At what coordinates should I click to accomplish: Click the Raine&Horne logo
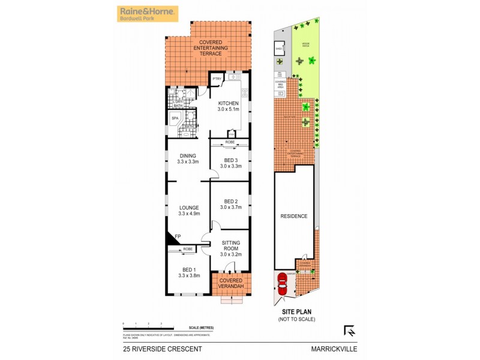[146, 14]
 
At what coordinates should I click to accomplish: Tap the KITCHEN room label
[228, 103]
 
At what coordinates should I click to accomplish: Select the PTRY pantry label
[217, 79]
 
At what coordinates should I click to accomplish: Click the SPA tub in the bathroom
[175, 119]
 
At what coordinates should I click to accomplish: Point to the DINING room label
[188, 156]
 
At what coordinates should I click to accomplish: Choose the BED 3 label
[230, 160]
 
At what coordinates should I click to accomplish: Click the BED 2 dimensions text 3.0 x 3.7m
[230, 207]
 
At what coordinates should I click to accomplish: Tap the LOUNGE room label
[188, 208]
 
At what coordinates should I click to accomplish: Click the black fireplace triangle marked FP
[172, 238]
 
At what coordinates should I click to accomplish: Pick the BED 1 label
[188, 268]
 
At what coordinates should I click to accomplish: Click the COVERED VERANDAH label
[231, 283]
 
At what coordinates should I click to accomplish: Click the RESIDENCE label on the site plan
[294, 216]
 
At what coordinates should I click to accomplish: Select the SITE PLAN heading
[296, 313]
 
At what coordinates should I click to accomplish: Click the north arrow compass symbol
[349, 330]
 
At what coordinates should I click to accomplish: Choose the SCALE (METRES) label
[201, 327]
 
